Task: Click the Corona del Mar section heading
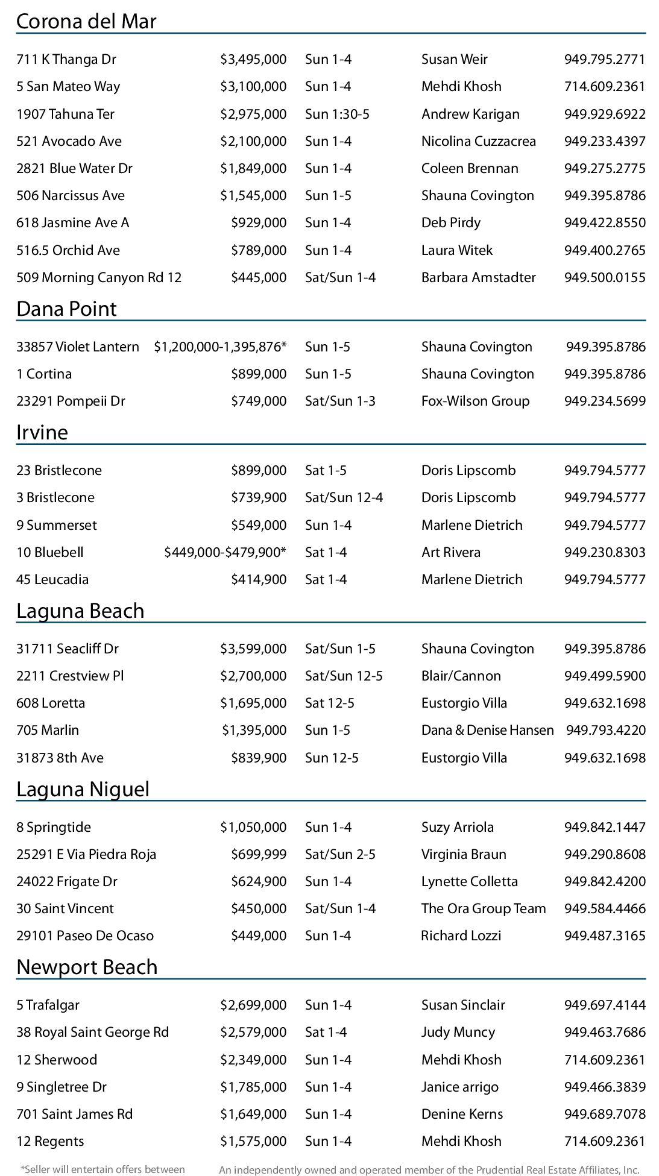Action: (x=86, y=21)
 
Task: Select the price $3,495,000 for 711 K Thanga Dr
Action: (x=253, y=59)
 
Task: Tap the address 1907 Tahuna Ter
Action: (x=65, y=114)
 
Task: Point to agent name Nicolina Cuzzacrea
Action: (x=478, y=141)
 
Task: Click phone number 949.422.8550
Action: (x=605, y=222)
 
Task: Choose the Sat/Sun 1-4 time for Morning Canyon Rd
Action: (x=340, y=277)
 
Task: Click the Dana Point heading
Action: (x=66, y=309)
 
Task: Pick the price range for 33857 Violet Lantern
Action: (x=220, y=347)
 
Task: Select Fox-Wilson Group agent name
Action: (x=475, y=401)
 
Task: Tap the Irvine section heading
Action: (x=42, y=432)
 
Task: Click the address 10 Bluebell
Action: (x=50, y=552)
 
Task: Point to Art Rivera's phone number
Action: (x=605, y=552)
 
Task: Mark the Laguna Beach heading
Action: (x=80, y=611)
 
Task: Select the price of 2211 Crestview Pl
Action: (x=253, y=676)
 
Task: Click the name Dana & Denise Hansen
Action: (x=487, y=730)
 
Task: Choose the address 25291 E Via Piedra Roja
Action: (x=86, y=854)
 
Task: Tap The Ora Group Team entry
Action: (x=484, y=908)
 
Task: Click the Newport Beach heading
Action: (x=87, y=967)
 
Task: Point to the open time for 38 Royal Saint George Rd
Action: (x=326, y=1032)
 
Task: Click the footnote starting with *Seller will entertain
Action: (x=102, y=1169)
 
